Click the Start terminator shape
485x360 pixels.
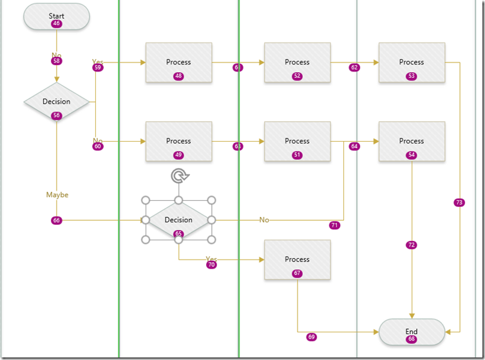click(x=57, y=17)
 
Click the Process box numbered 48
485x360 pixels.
click(x=178, y=62)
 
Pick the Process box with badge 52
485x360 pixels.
click(x=297, y=62)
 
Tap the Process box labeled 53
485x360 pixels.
click(x=412, y=62)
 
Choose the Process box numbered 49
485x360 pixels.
click(x=178, y=141)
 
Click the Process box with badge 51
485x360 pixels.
click(x=297, y=141)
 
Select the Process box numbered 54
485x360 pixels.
click(x=412, y=141)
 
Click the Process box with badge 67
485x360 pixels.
click(x=297, y=260)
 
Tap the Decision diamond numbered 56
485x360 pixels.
click(x=57, y=102)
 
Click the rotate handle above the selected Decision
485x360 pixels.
click(x=178, y=176)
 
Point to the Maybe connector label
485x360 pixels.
click(x=57, y=194)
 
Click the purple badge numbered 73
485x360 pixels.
click(x=459, y=203)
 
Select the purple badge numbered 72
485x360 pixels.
click(x=412, y=245)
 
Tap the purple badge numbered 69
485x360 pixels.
click(x=312, y=337)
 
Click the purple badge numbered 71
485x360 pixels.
click(x=334, y=225)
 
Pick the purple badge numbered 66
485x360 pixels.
click(x=57, y=220)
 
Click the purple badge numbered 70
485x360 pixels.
click(x=211, y=265)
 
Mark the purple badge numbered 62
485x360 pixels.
click(x=354, y=68)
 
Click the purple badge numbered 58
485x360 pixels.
click(x=57, y=61)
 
